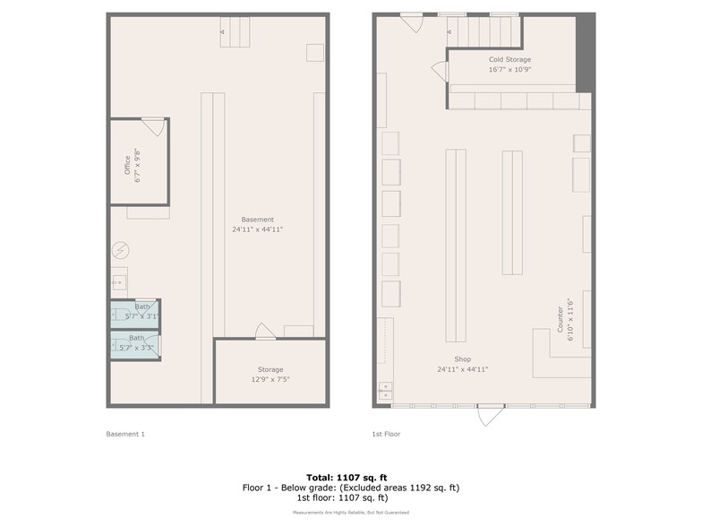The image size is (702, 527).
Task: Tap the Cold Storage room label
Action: click(509, 59)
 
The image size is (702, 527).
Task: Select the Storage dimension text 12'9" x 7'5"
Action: click(270, 379)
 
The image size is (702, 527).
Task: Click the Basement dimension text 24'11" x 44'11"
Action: click(257, 229)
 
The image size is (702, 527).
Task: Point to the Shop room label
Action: click(462, 359)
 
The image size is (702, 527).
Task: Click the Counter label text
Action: click(560, 318)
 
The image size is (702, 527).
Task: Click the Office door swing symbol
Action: click(153, 126)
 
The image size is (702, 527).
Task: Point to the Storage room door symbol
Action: click(265, 332)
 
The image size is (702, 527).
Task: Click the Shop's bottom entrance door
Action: click(490, 415)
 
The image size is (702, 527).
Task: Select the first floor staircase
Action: click(484, 32)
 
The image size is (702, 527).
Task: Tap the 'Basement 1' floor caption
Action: click(125, 434)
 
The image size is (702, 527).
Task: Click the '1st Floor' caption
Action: click(386, 434)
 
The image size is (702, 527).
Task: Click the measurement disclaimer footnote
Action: click(350, 512)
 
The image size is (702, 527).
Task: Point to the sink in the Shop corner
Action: click(385, 391)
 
